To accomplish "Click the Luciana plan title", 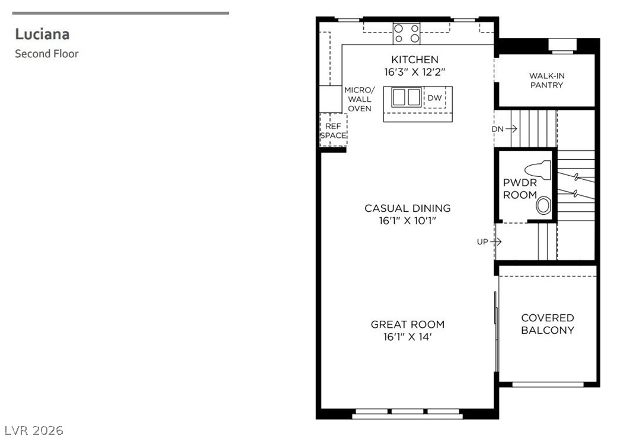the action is pyautogui.click(x=43, y=34).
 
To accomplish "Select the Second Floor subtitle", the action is pyautogui.click(x=47, y=54).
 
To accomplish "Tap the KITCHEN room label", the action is pyautogui.click(x=415, y=60).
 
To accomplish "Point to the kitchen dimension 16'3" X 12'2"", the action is pyautogui.click(x=415, y=72).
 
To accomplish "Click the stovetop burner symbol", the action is pyautogui.click(x=407, y=34).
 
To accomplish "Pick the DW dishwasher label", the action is pyautogui.click(x=434, y=98).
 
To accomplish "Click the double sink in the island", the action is pyautogui.click(x=407, y=97).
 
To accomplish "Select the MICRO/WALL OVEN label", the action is pyautogui.click(x=360, y=99).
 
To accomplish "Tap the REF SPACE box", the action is pyautogui.click(x=333, y=130).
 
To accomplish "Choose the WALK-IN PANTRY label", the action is pyautogui.click(x=546, y=80).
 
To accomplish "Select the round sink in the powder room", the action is pyautogui.click(x=543, y=206).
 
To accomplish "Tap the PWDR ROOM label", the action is pyautogui.click(x=520, y=189).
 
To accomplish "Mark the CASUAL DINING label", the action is pyautogui.click(x=408, y=208).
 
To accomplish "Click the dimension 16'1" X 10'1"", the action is pyautogui.click(x=408, y=221).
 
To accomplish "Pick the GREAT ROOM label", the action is pyautogui.click(x=408, y=324).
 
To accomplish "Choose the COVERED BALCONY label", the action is pyautogui.click(x=548, y=324).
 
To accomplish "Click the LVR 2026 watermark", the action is pyautogui.click(x=34, y=430).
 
